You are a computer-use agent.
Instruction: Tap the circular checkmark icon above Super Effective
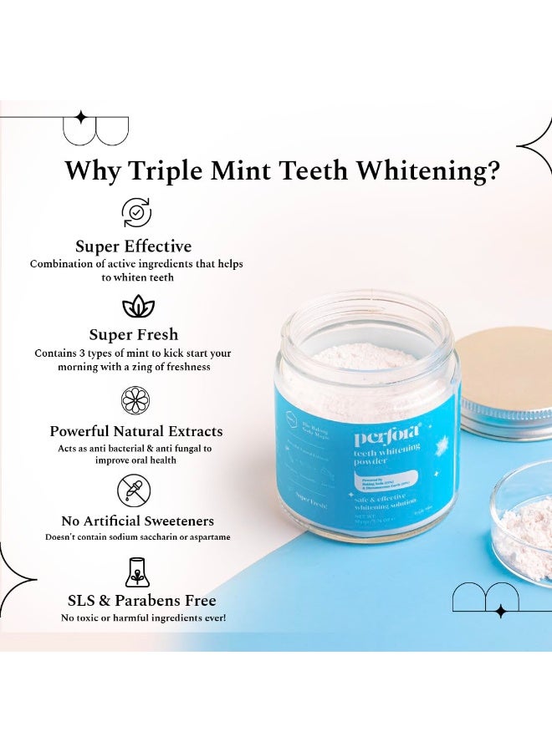pos(137,212)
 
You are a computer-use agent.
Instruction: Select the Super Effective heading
pos(134,246)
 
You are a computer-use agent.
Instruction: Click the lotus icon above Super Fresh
pos(138,307)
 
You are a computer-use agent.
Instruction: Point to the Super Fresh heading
pos(133,335)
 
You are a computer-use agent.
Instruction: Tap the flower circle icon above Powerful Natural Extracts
pos(135,400)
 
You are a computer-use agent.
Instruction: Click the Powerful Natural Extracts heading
pos(136,431)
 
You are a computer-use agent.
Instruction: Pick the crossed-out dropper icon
pos(134,490)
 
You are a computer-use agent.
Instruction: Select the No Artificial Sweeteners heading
pos(138,521)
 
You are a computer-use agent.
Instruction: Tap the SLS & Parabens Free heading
pos(142,600)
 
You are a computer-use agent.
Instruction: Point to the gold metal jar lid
pos(504,380)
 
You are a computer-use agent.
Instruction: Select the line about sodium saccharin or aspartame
pos(138,536)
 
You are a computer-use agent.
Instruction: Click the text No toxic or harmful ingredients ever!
pos(143,617)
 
